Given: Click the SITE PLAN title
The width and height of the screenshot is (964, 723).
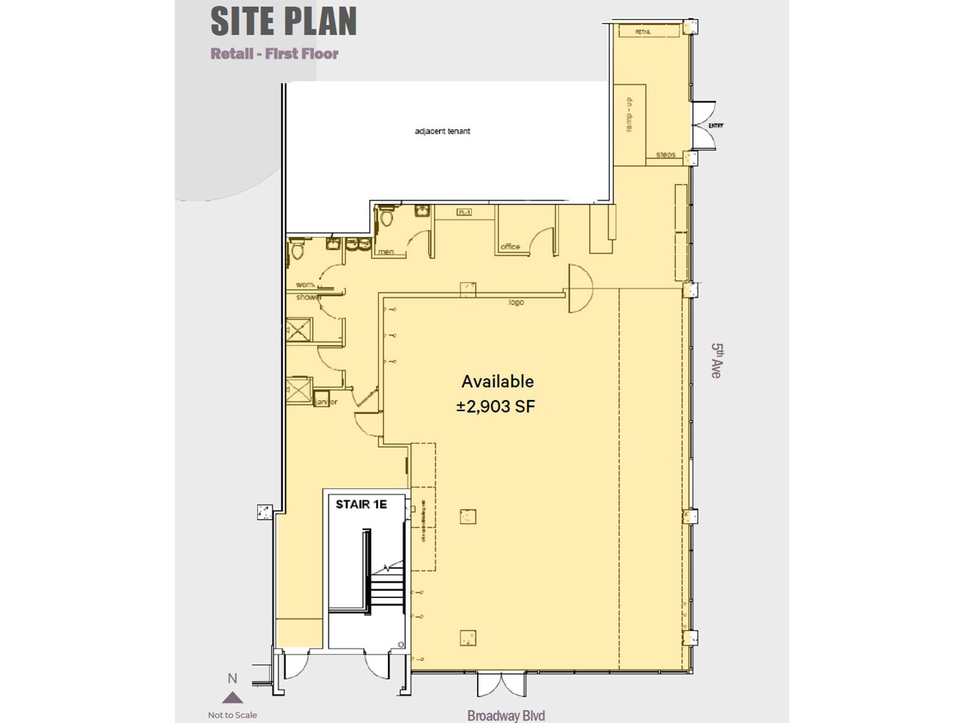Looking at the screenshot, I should click(x=284, y=21).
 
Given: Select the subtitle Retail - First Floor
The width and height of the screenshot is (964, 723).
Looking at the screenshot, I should click(x=274, y=54).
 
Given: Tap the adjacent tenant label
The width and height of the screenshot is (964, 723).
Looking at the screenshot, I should click(x=442, y=131).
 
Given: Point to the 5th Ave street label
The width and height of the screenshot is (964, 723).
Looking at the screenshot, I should click(x=716, y=360).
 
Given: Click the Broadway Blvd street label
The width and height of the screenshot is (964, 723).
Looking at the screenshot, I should click(x=506, y=715).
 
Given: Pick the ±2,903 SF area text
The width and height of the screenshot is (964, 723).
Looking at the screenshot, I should click(x=496, y=406).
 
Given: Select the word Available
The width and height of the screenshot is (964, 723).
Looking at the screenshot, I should click(x=498, y=381).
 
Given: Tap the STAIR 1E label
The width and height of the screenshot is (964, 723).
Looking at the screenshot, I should click(x=361, y=504).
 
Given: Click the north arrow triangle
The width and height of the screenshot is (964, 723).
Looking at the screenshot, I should click(x=232, y=698).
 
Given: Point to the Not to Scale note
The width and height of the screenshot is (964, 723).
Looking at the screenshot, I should click(x=232, y=715).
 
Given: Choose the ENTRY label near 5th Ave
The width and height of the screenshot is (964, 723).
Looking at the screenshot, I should click(x=716, y=125).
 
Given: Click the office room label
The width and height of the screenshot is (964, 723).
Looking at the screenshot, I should click(x=510, y=246).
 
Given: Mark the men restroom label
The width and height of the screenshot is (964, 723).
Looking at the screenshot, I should click(x=386, y=252).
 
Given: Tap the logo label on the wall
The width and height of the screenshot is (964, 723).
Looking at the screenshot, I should click(x=516, y=302).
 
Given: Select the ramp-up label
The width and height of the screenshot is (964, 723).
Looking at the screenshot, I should click(x=630, y=115).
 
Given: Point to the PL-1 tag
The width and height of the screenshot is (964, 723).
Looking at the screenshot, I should click(x=464, y=212).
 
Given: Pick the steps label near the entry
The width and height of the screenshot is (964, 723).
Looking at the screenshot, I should click(x=665, y=155).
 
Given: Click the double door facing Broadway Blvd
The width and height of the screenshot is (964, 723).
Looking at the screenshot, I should click(x=501, y=684).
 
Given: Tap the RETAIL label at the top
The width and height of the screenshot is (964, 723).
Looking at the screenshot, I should click(x=643, y=31).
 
